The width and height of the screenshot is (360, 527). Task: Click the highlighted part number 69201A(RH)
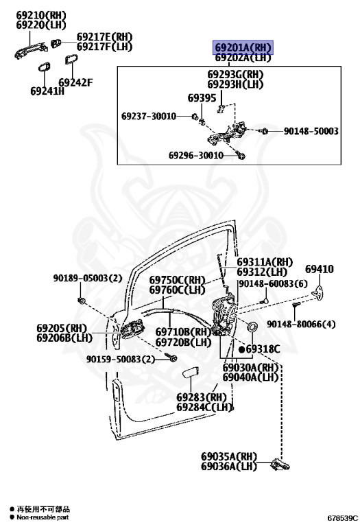243,47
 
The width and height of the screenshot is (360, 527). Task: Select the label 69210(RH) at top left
41,15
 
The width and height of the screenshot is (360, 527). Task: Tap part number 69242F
75,82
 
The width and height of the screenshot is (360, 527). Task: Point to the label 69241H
47,91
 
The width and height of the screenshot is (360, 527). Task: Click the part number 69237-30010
149,116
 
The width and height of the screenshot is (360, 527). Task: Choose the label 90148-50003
311,131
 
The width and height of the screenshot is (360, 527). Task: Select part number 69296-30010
196,155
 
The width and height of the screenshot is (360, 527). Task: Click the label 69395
202,98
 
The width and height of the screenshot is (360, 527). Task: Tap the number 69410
320,269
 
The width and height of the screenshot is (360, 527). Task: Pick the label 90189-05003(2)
88,279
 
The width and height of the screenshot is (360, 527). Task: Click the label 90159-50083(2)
121,360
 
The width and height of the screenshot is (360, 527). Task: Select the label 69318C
263,349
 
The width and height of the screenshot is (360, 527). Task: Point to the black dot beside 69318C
241,349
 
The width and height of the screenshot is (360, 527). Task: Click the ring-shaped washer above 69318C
252,326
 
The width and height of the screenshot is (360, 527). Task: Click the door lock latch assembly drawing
223,314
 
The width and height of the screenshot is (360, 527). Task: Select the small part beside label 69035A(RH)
280,465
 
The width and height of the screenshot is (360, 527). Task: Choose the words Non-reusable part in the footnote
43,517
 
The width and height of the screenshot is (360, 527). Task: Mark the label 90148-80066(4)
301,325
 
